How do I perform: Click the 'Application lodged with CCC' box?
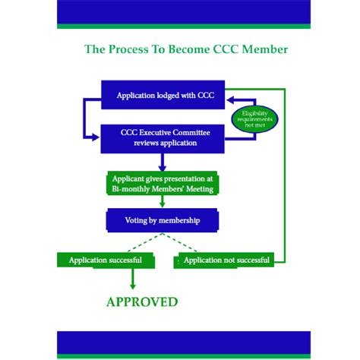point(165,95)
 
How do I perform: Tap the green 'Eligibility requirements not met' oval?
point(254,118)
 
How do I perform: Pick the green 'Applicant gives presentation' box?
point(161,183)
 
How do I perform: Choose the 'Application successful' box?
point(106,261)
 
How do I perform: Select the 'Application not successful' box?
point(226,261)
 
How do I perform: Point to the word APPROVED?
point(142,302)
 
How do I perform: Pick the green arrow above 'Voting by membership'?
point(161,201)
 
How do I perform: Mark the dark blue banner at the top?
point(183,12)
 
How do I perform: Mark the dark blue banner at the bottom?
point(183,344)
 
